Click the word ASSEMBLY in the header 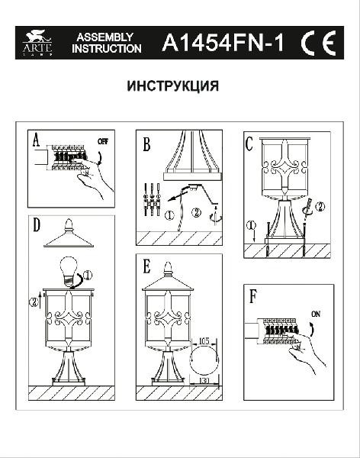[106, 37]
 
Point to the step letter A [36, 141]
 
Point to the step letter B [146, 142]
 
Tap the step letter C [249, 142]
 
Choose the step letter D [36, 225]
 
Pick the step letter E [146, 267]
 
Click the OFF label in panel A [103, 140]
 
